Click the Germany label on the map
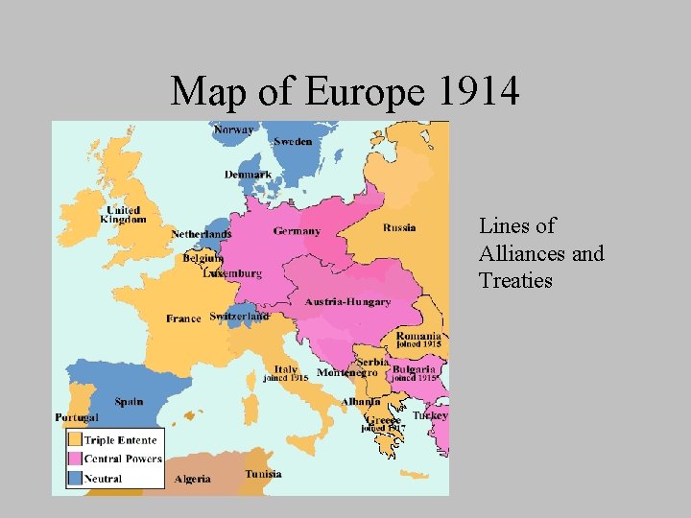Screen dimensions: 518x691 click(x=297, y=231)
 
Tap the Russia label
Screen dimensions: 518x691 click(x=399, y=227)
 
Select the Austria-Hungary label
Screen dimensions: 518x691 click(x=347, y=302)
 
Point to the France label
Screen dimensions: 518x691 click(x=183, y=318)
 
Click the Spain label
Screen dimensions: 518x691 click(x=129, y=402)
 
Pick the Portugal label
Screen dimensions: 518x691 click(x=77, y=417)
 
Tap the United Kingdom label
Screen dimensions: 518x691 click(x=123, y=215)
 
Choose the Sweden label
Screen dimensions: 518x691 click(x=292, y=142)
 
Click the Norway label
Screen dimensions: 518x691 click(x=234, y=129)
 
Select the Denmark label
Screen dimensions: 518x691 click(x=248, y=175)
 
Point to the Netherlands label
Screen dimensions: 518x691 click(x=202, y=234)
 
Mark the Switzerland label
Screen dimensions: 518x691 click(x=239, y=316)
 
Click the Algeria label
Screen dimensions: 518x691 click(x=193, y=479)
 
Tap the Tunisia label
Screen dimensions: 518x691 click(x=263, y=474)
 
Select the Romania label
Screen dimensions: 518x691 click(x=418, y=337)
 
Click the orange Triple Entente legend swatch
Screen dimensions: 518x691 click(x=74, y=440)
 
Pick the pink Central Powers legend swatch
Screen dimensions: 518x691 click(x=74, y=459)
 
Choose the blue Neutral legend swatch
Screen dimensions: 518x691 click(x=74, y=477)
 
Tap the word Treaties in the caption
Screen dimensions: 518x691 click(x=515, y=281)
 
